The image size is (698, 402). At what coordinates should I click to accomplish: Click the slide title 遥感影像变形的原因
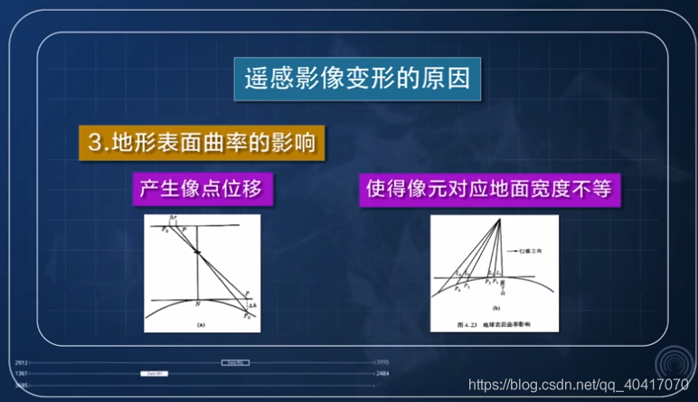coord(357,79)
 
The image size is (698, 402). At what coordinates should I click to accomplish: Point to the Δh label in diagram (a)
coord(250,306)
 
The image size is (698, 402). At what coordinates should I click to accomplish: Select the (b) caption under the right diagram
coord(496,307)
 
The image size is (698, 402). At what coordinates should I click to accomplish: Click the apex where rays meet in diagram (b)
coord(498,220)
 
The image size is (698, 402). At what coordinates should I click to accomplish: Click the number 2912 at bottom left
coord(23,362)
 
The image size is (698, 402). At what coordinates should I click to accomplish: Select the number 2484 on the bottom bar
coord(382,373)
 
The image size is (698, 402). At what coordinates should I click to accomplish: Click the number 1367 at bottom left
coord(23,373)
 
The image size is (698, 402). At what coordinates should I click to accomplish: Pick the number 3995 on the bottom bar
coord(382,362)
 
